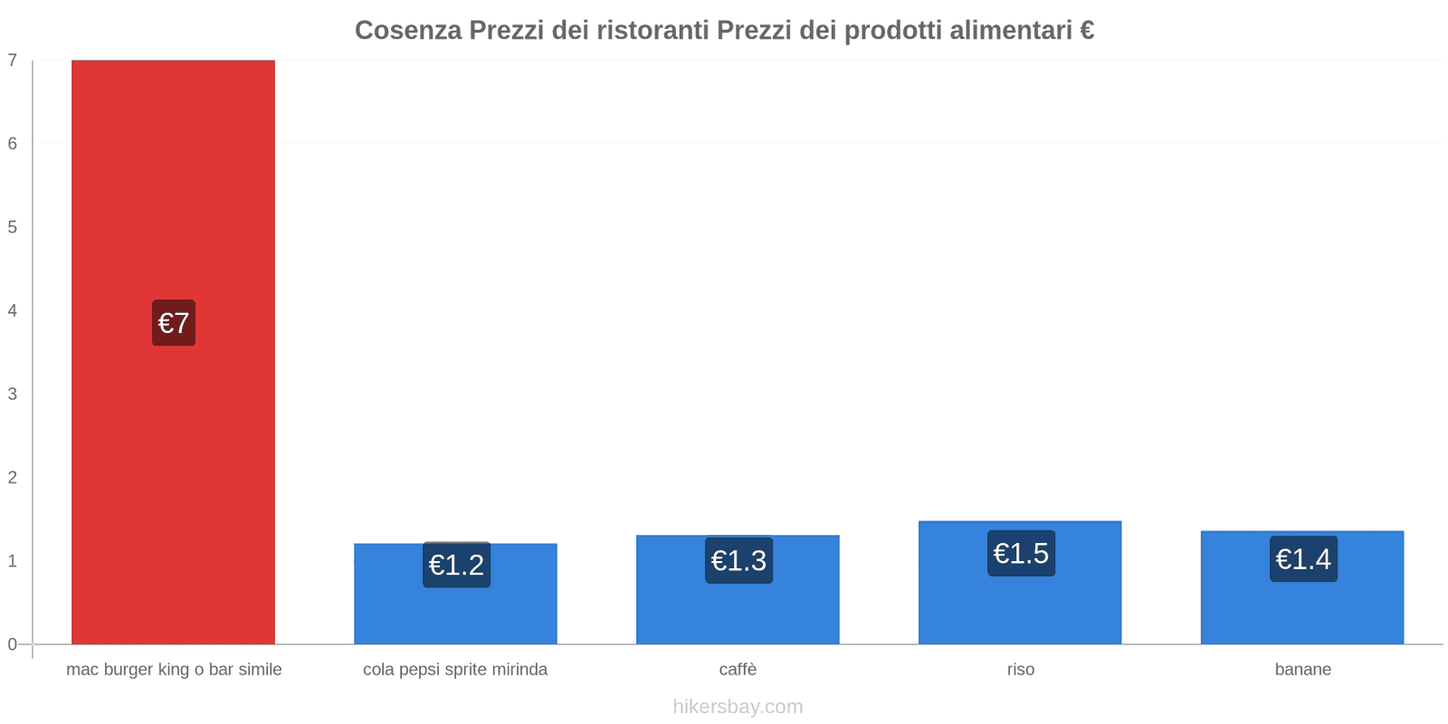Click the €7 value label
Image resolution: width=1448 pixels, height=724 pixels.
click(174, 323)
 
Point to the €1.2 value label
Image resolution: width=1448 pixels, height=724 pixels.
click(456, 565)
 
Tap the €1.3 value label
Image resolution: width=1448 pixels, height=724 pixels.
click(738, 561)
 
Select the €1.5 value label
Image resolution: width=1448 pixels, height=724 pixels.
click(1021, 553)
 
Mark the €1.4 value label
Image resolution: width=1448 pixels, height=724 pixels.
click(1303, 559)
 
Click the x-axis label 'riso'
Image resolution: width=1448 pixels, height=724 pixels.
click(1021, 670)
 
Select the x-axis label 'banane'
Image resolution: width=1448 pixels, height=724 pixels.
click(1303, 670)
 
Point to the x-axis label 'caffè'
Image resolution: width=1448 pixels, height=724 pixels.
click(738, 670)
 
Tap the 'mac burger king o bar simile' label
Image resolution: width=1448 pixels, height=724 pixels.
click(174, 670)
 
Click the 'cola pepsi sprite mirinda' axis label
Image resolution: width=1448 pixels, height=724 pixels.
click(455, 670)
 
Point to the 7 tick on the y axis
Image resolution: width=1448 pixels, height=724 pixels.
click(13, 61)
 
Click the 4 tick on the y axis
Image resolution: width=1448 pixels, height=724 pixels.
click(13, 310)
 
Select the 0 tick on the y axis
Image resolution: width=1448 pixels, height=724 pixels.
click(13, 644)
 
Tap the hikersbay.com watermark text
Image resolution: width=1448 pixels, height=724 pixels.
click(738, 707)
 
